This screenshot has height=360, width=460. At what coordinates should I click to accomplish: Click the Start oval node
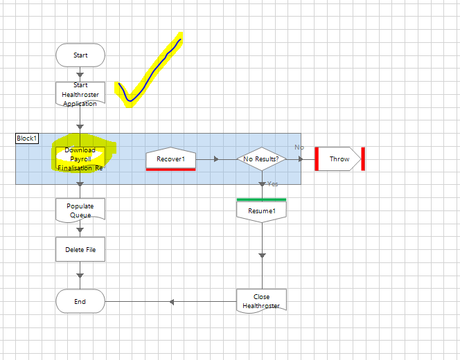(80, 55)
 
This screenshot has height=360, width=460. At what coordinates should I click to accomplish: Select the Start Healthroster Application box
(80, 94)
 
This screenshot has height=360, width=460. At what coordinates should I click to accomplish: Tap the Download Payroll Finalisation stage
(80, 159)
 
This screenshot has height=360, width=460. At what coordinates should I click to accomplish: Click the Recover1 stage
(170, 159)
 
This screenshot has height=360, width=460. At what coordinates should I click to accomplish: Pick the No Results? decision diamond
(262, 159)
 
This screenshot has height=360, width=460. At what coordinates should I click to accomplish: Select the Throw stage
(339, 159)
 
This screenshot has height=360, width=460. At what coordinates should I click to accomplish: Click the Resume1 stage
(262, 210)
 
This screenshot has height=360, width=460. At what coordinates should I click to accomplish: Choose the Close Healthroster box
(262, 301)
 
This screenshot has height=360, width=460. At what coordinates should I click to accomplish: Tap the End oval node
(80, 301)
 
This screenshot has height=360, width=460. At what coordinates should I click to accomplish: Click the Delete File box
(80, 249)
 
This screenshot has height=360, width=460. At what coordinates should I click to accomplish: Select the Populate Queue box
(80, 210)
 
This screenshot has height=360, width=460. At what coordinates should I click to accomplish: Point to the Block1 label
(27, 138)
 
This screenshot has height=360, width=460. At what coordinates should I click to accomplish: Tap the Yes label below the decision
(272, 183)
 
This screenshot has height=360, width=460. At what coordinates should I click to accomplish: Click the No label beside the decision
(299, 147)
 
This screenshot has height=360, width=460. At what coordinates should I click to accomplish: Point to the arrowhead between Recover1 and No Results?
(217, 159)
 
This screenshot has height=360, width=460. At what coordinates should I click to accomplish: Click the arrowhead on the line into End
(171, 301)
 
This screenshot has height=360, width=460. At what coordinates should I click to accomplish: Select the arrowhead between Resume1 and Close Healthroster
(262, 255)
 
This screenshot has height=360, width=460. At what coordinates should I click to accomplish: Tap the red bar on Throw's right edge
(363, 159)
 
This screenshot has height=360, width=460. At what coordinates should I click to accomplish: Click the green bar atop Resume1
(262, 199)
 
